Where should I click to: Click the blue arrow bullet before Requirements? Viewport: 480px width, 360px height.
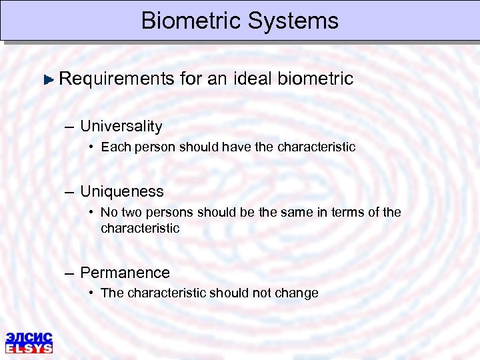coord(48,79)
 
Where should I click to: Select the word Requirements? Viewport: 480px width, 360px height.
coord(116,79)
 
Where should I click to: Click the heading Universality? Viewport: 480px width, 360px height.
coord(121,126)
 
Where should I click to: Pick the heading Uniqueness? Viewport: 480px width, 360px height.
coord(121,191)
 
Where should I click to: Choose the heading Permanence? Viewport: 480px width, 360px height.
coord(125,273)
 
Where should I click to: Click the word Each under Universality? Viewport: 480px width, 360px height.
coord(115,147)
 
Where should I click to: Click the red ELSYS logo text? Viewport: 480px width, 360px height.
coord(29,347)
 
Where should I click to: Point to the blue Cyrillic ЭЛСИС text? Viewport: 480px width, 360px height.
coord(29,337)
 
